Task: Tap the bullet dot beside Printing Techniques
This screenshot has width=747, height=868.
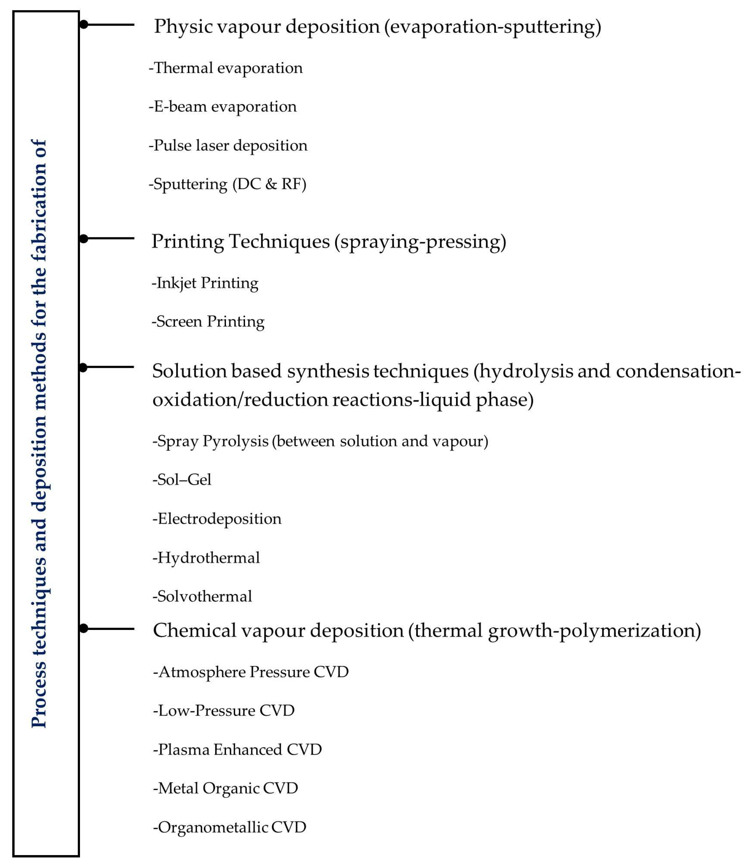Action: click(84, 239)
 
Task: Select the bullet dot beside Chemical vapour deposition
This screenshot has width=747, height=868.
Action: click(84, 628)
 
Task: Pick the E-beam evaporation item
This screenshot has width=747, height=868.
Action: click(223, 107)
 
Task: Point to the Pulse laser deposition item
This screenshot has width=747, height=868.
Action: click(228, 146)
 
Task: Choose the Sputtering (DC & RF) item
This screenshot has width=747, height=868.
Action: click(228, 184)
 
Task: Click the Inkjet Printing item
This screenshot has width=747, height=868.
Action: click(205, 283)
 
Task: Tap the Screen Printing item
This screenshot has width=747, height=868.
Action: click(208, 322)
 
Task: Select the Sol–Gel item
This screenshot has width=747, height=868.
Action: click(182, 480)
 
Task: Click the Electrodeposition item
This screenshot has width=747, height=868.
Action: click(217, 519)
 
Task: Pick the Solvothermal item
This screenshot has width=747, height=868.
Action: click(202, 597)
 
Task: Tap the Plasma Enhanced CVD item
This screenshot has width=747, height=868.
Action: click(238, 750)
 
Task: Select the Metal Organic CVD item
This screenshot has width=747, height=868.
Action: click(226, 788)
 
